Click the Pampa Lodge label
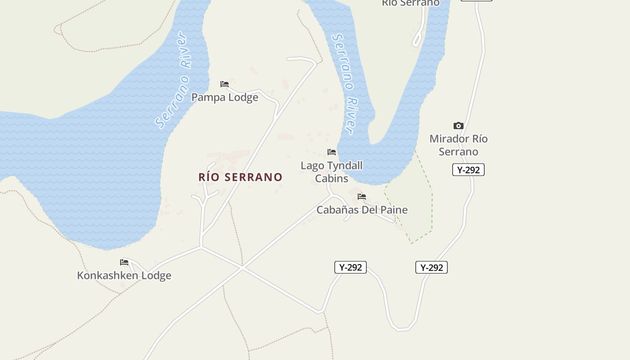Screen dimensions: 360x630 [225, 97]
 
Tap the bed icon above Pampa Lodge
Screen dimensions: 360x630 [225, 84]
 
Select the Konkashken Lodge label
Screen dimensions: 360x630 [124, 275]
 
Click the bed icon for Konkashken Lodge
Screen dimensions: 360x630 [124, 262]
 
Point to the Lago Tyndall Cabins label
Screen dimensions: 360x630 [332, 172]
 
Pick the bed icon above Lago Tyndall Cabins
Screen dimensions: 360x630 [332, 152]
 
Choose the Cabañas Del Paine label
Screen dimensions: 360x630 [362, 210]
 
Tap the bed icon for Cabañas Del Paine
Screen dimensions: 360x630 [362, 197]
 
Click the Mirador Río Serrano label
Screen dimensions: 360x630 [459, 145]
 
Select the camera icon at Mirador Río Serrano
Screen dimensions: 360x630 [459, 126]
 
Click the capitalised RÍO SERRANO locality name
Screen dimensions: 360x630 [240, 177]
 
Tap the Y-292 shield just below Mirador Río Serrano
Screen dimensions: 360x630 [468, 170]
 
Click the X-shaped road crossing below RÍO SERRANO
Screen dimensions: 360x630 [243, 268]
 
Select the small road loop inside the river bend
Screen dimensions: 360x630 [417, 39]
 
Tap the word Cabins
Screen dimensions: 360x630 [332, 179]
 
